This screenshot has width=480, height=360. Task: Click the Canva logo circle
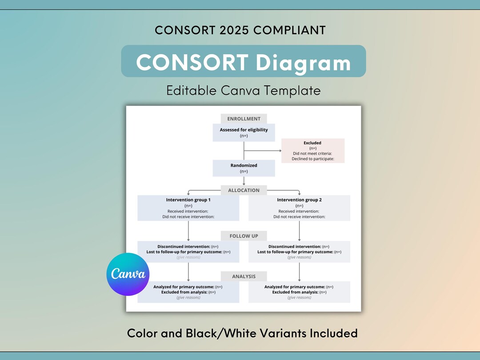click(128, 274)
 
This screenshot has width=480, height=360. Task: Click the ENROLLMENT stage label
click(244, 119)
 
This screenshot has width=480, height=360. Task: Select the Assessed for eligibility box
click(244, 132)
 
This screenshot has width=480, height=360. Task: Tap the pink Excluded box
click(312, 151)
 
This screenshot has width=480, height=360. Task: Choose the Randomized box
click(244, 168)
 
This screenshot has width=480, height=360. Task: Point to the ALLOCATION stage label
click(244, 190)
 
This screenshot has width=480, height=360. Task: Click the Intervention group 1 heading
click(188, 200)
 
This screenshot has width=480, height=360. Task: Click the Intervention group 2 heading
click(299, 200)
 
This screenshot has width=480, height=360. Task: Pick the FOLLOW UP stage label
click(244, 236)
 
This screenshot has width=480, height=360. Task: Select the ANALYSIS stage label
click(244, 276)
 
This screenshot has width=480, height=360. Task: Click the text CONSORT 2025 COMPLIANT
click(240, 30)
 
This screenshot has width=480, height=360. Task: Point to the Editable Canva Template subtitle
click(244, 91)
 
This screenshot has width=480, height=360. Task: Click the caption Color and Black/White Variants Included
click(242, 333)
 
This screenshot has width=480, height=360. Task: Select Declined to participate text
click(312, 159)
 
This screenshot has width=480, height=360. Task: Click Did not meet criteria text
click(312, 153)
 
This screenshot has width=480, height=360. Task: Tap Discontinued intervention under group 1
click(183, 247)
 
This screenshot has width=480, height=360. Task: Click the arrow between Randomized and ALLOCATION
click(244, 181)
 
